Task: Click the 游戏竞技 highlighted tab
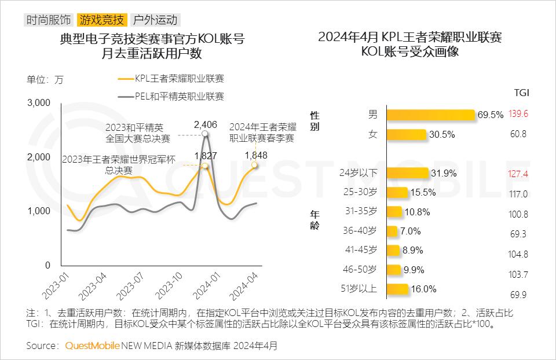101,20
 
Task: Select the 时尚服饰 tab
49,20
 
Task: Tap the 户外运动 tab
155,20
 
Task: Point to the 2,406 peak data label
205,124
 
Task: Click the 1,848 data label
256,155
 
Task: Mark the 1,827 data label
206,155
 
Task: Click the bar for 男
430,115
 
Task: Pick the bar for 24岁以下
407,173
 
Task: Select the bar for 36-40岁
392,231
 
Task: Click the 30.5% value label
442,134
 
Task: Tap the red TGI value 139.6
518,115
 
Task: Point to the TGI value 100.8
518,214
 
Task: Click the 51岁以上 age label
360,289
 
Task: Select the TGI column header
521,93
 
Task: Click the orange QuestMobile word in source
93,346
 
